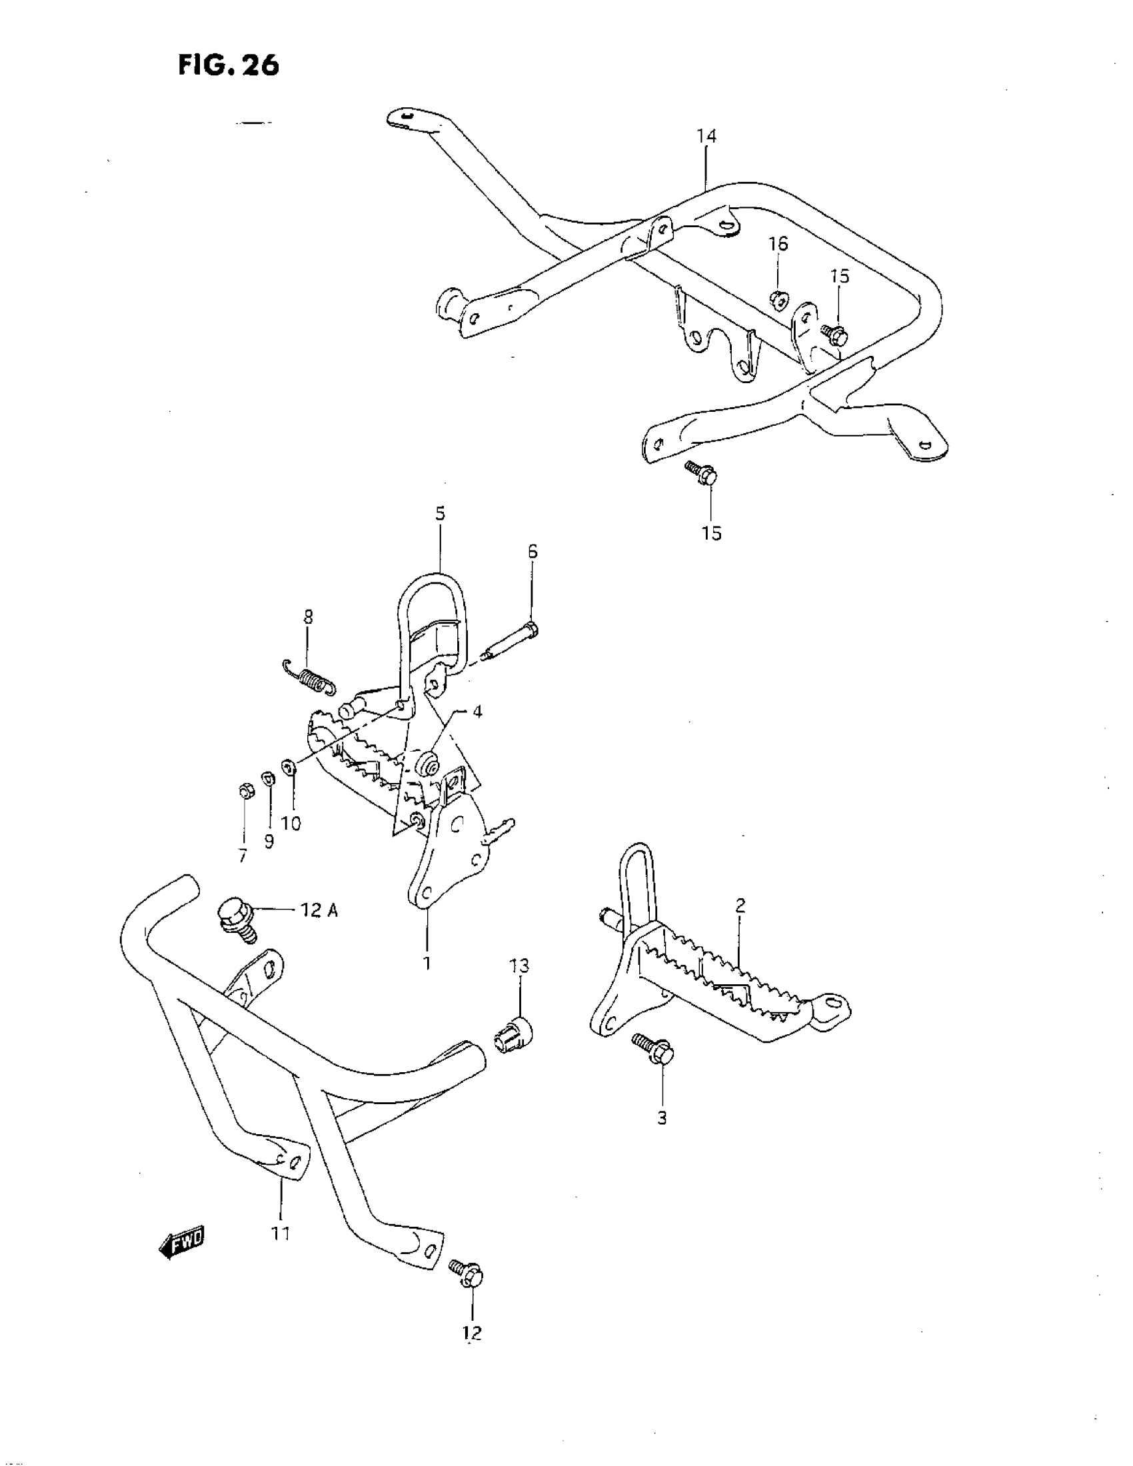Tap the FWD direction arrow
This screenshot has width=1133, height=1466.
pos(182,1243)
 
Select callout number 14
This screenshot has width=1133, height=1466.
pos(706,136)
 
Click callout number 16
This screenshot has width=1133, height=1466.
pos(778,245)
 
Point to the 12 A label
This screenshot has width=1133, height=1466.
pos(319,911)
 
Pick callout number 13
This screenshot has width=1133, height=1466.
pos(519,966)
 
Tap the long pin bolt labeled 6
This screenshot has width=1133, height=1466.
pos(511,640)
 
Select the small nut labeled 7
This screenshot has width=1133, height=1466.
pos(245,792)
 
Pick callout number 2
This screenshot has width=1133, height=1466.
pos(740,906)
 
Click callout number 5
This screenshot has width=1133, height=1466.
pos(440,514)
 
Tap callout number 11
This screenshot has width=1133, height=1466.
pos(281,1233)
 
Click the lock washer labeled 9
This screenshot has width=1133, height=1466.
pos(267,778)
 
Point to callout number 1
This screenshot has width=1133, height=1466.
pos(427,964)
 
